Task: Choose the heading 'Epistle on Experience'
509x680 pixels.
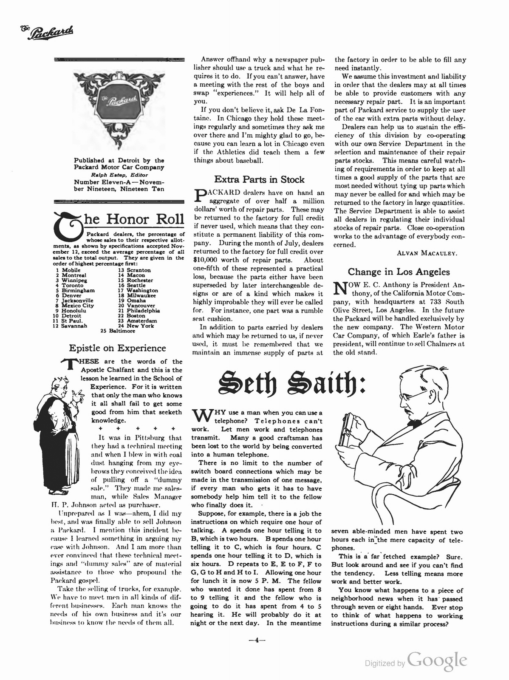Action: click(117, 348)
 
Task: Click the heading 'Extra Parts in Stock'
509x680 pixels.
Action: click(259, 179)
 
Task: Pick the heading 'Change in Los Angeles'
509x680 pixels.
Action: click(399, 272)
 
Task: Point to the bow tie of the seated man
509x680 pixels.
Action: click(415, 423)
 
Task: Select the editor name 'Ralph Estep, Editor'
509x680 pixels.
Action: click(119, 175)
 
